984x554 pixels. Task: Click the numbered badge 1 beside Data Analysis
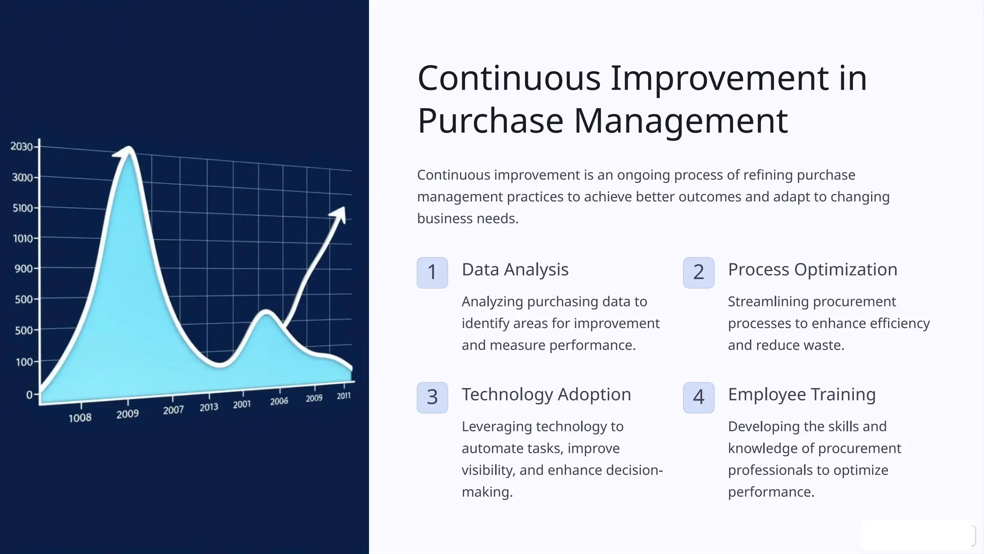432,273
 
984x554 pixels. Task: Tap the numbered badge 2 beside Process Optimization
698,273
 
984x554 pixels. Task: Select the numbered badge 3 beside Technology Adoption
432,397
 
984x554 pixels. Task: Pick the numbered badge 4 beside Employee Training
698,397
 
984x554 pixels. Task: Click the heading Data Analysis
515,270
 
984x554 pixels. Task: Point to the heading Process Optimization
812,270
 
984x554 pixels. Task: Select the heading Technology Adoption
546,394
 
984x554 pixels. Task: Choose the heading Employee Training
801,394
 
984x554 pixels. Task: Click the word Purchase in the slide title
490,121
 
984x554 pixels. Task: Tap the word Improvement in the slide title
719,78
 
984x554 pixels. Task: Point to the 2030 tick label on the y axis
22,147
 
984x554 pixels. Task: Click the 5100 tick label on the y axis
23,208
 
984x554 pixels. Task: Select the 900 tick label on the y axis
24,269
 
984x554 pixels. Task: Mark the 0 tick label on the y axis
29,395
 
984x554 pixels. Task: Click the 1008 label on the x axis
80,418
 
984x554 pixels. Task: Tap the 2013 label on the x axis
209,407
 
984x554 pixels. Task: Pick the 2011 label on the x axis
344,396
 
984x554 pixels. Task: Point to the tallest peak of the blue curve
129,150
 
